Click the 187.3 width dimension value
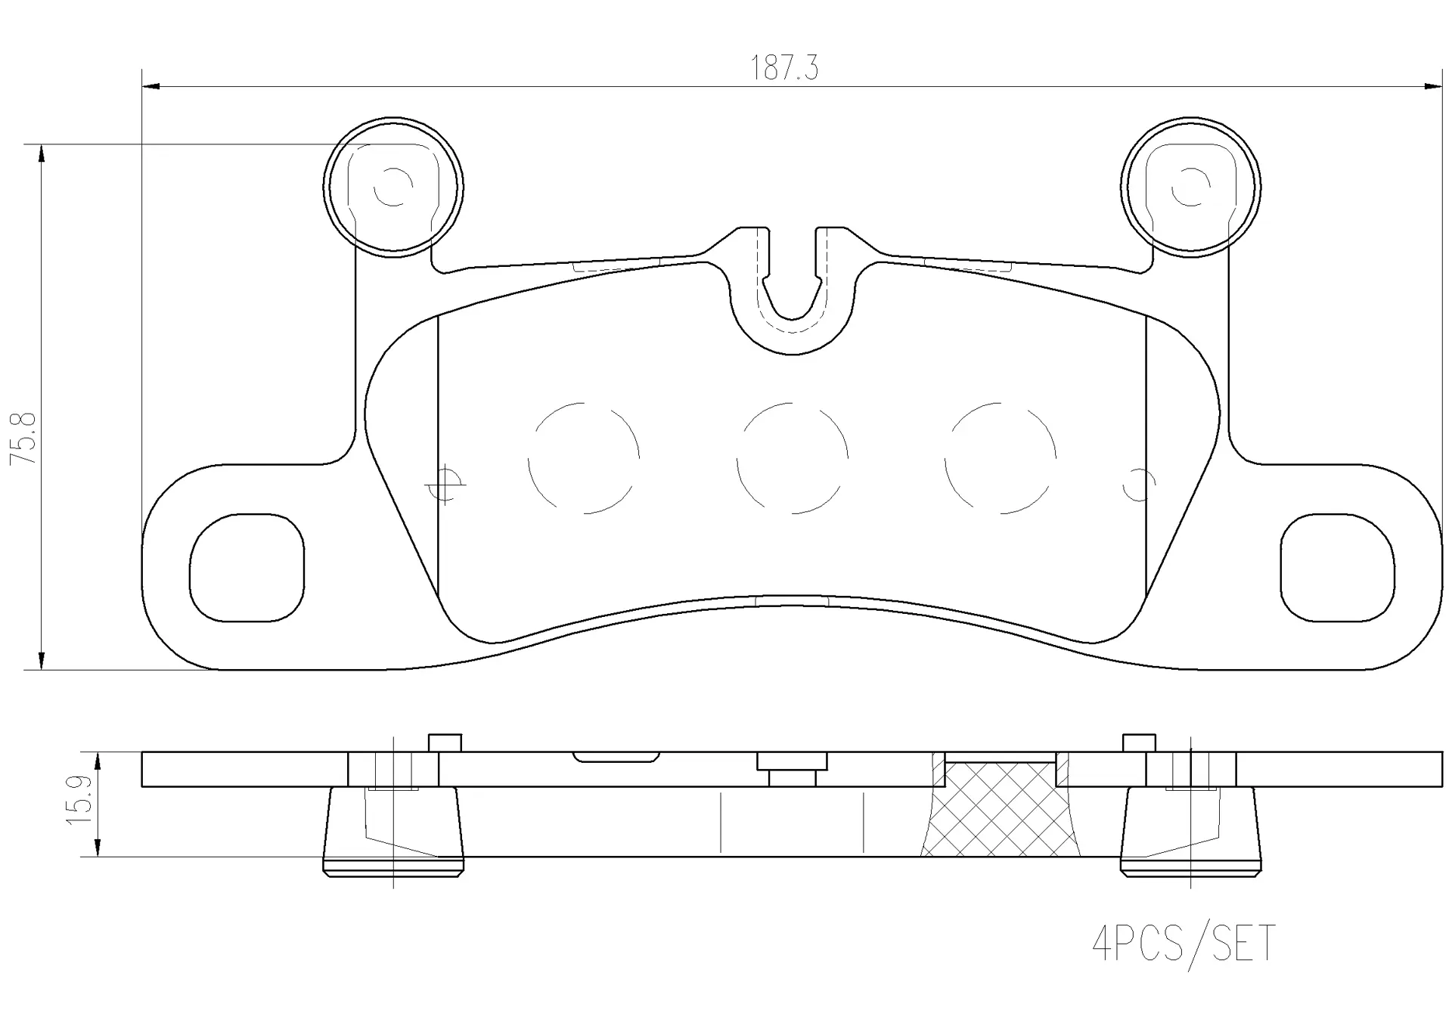click(x=784, y=68)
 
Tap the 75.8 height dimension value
click(x=23, y=438)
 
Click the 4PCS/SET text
click(x=1184, y=944)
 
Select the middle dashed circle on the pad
click(x=737, y=457)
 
